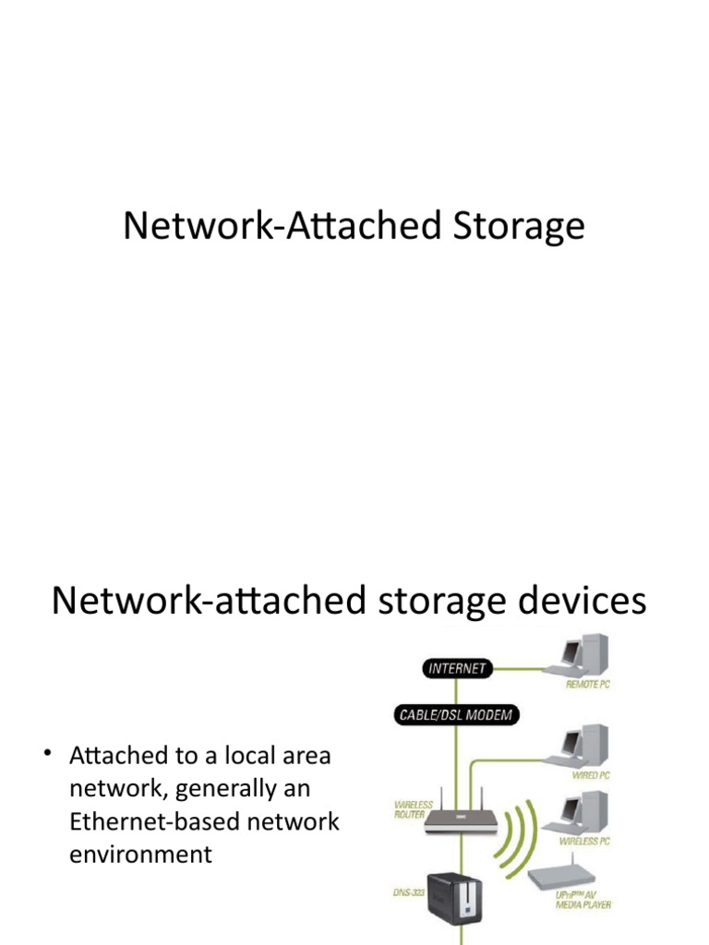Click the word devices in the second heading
click(x=571, y=602)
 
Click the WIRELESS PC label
click(x=585, y=842)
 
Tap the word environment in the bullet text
click(x=140, y=855)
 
